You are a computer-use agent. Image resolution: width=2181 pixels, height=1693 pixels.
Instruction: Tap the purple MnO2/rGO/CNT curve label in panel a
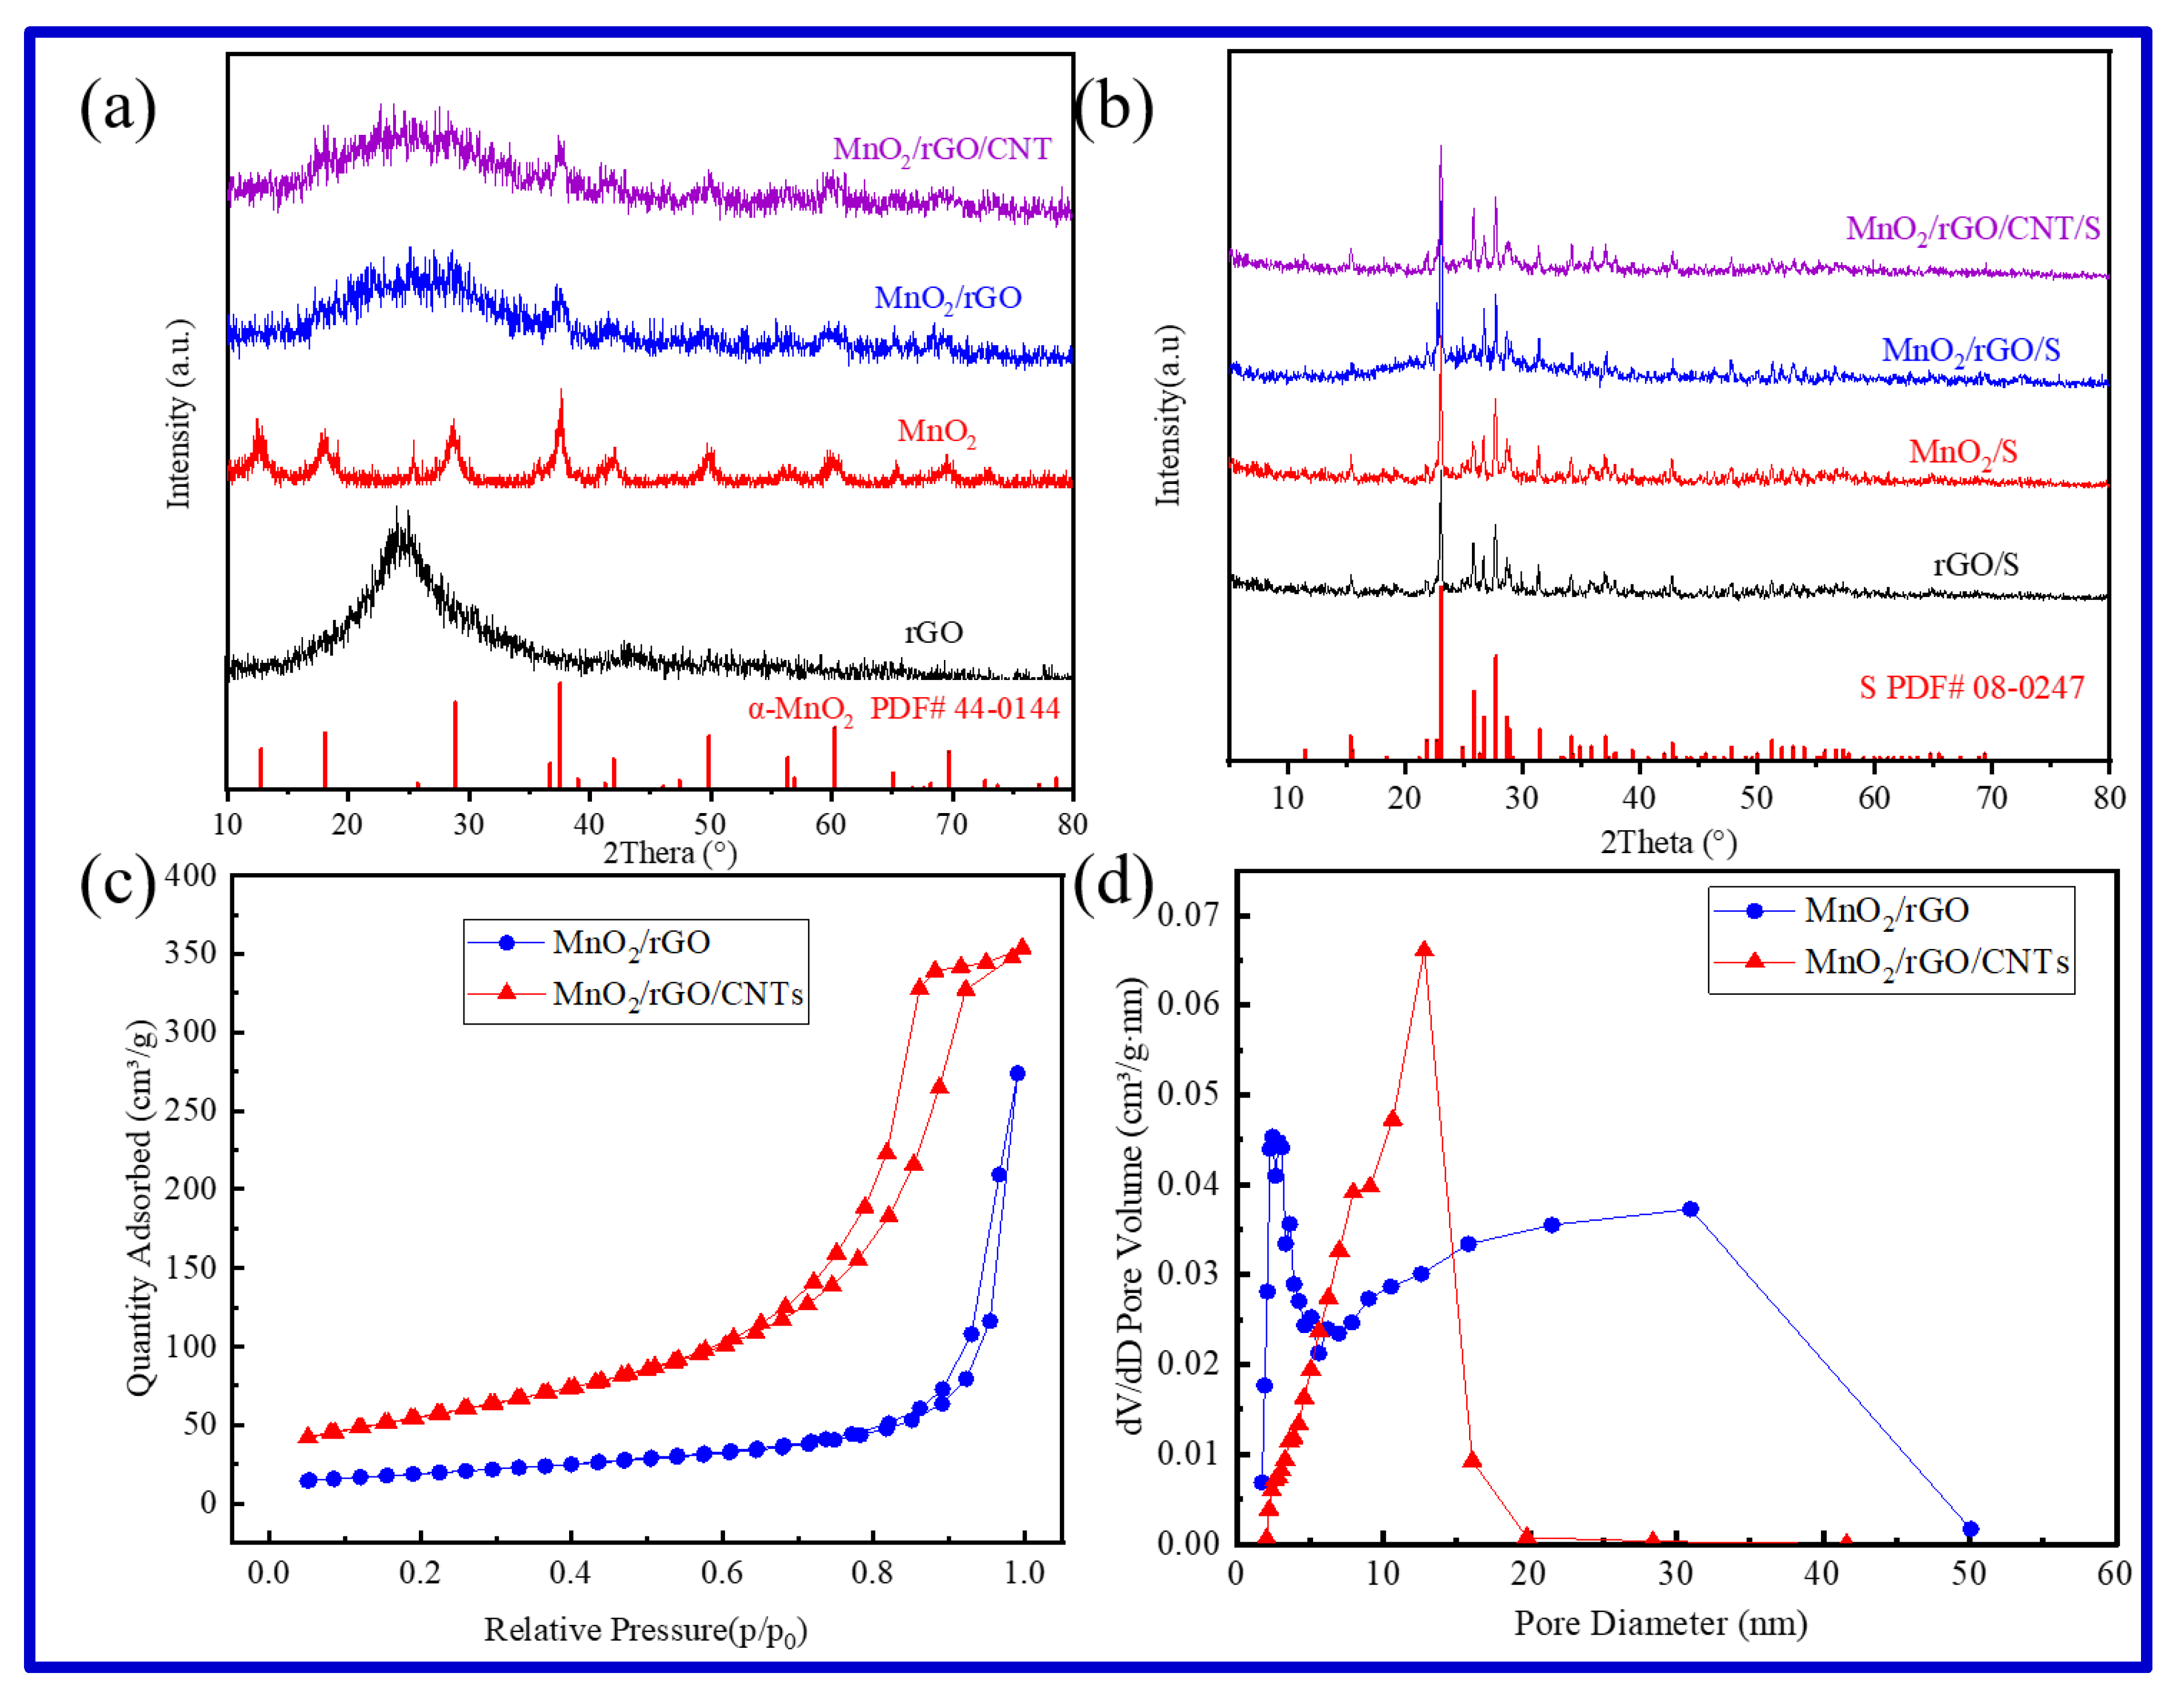tap(942, 150)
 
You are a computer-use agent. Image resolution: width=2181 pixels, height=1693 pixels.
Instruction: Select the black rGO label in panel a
tap(934, 633)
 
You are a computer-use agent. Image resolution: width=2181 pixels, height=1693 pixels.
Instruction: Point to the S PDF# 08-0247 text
tap(1971, 687)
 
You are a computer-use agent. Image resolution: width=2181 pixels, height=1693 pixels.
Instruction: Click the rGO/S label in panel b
tap(1975, 565)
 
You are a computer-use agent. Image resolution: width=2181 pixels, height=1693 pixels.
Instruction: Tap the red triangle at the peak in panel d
tap(1424, 950)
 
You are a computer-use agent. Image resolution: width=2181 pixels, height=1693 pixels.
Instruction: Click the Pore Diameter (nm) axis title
tap(1660, 1624)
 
